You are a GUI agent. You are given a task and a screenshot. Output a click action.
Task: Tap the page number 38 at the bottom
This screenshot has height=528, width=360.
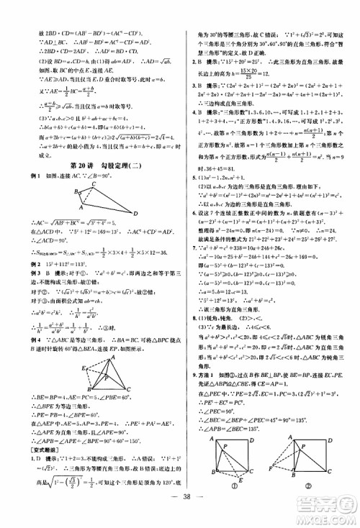[x=181, y=505]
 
